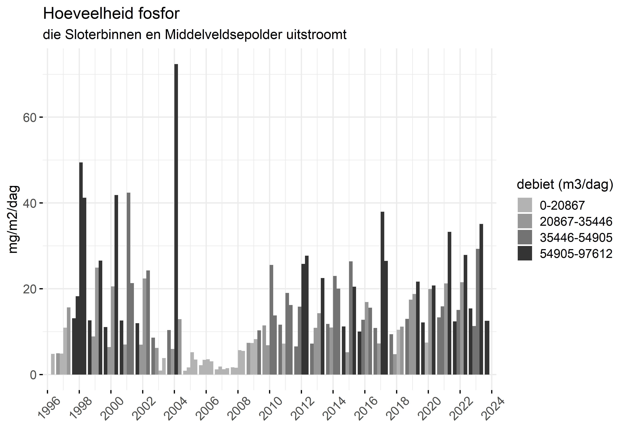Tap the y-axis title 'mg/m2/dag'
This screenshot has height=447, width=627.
click(13, 219)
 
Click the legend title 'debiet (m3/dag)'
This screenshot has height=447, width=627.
click(565, 184)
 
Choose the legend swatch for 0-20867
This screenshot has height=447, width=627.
click(525, 205)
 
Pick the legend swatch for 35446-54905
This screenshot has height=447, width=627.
click(525, 237)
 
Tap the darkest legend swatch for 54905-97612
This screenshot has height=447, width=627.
click(525, 253)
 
